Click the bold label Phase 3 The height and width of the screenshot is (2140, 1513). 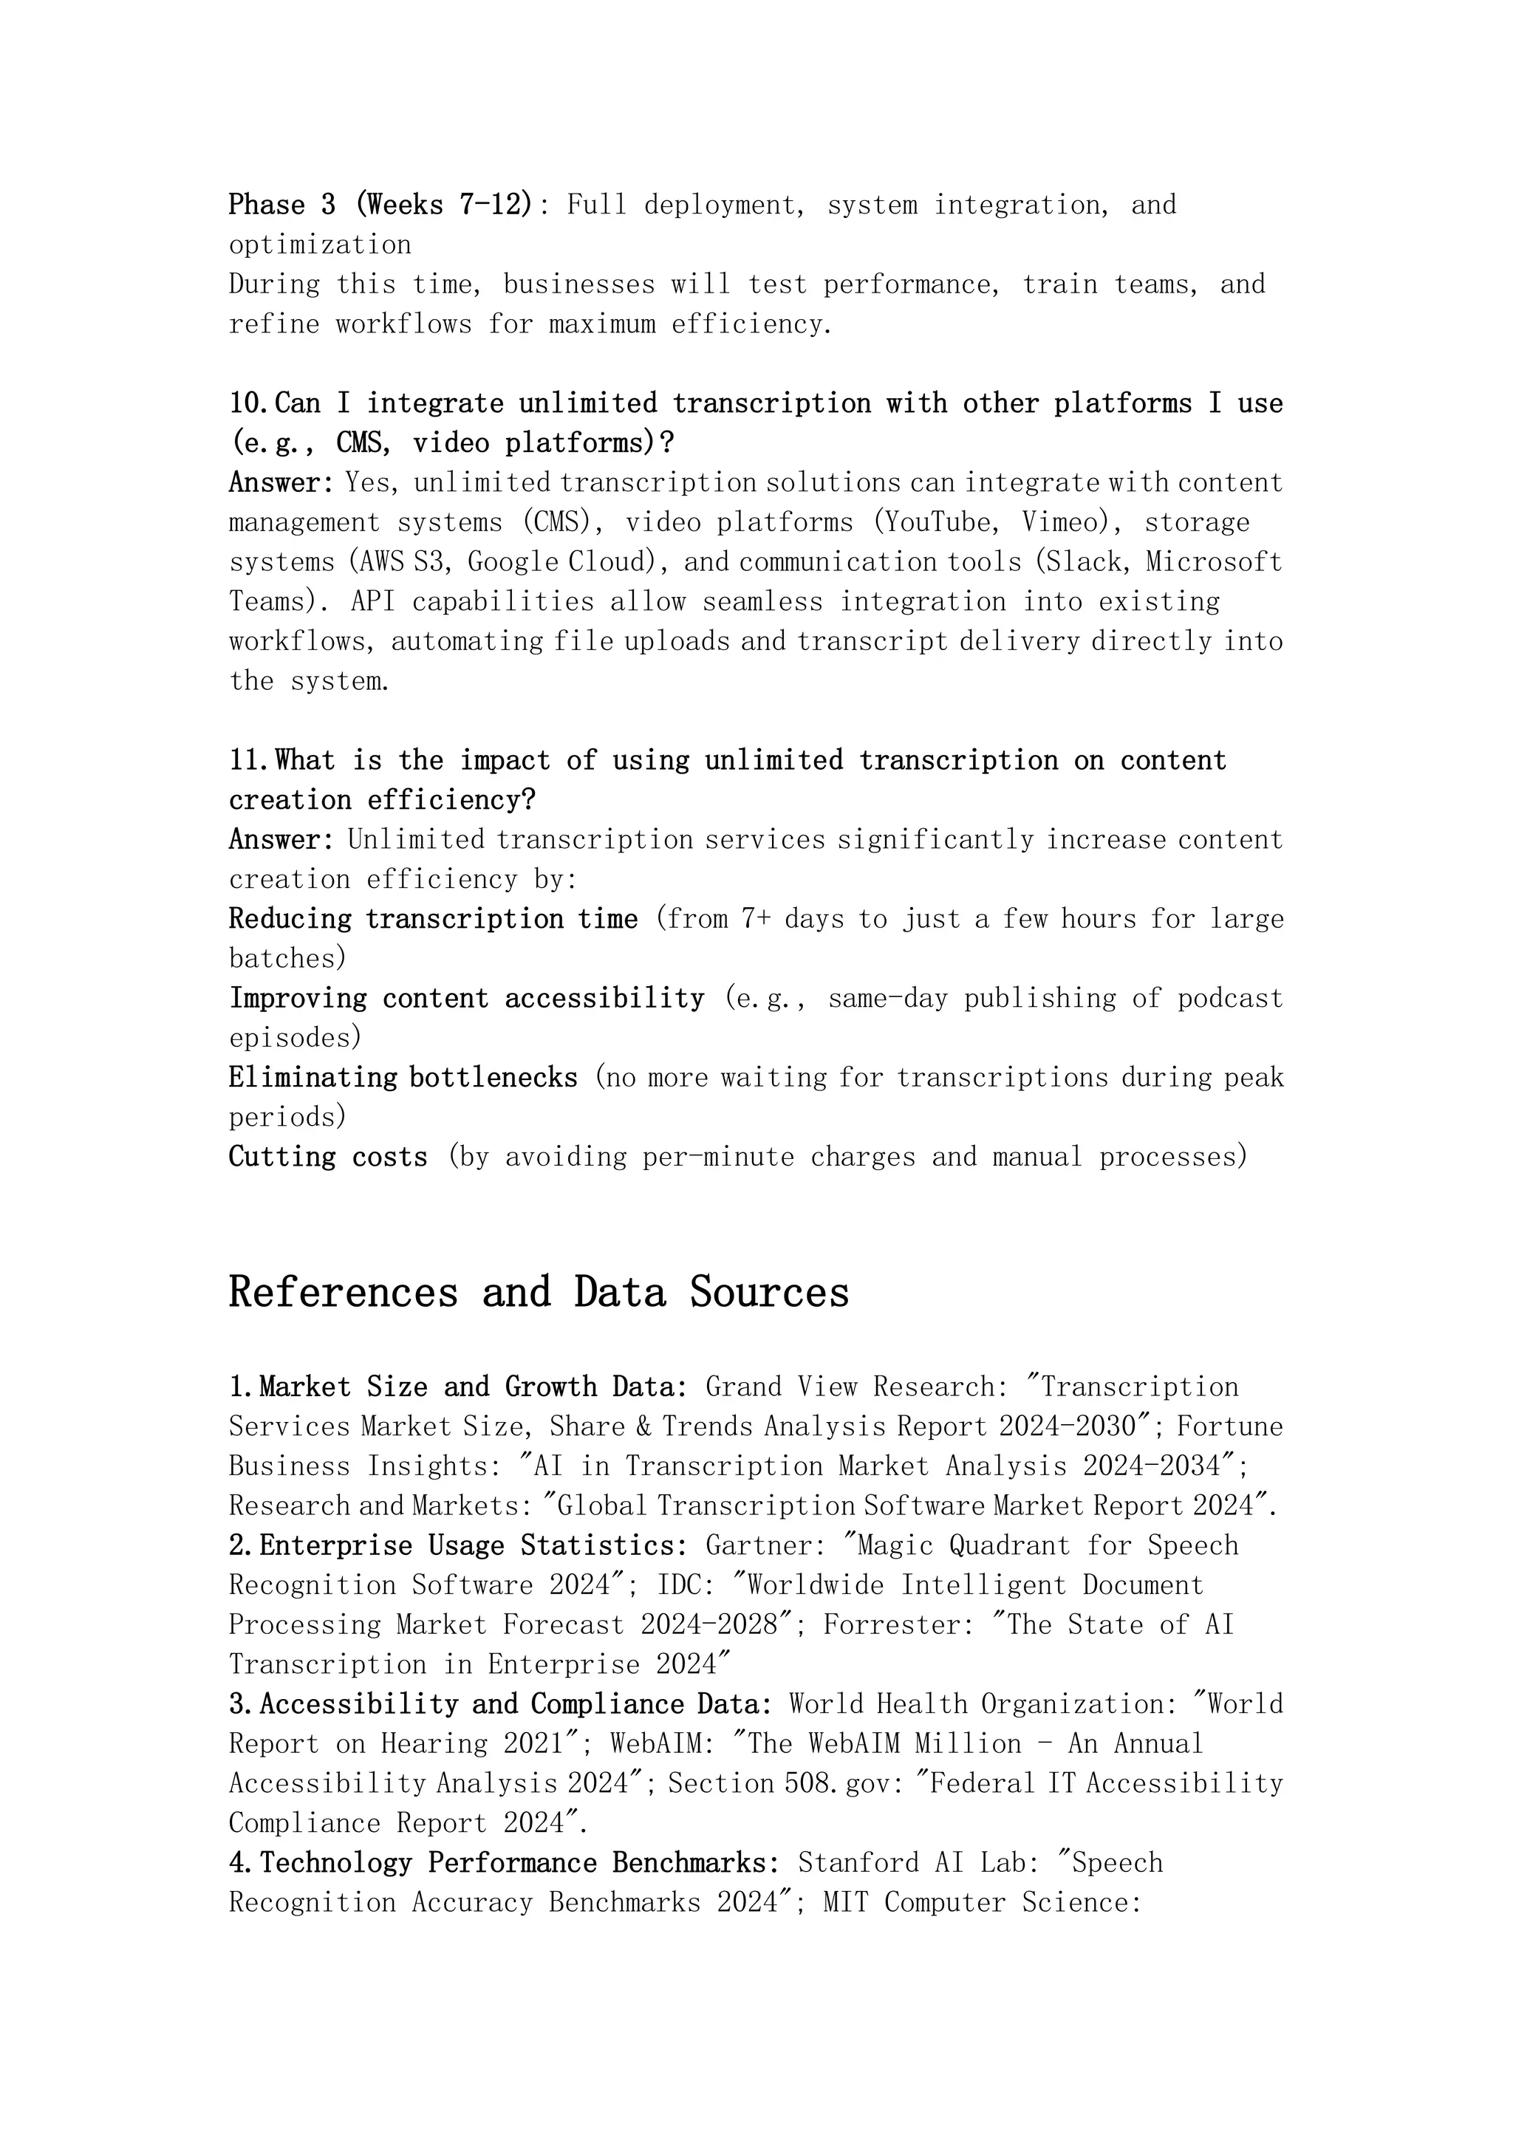click(x=281, y=204)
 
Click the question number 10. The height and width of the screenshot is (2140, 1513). click(x=249, y=403)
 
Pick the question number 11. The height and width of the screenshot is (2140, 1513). click(x=249, y=761)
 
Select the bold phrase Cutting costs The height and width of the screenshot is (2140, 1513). click(x=328, y=1157)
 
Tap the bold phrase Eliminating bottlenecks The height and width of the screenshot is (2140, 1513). click(x=403, y=1078)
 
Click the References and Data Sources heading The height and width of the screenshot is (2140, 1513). click(x=539, y=1293)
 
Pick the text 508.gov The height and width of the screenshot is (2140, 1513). click(x=818, y=1783)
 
